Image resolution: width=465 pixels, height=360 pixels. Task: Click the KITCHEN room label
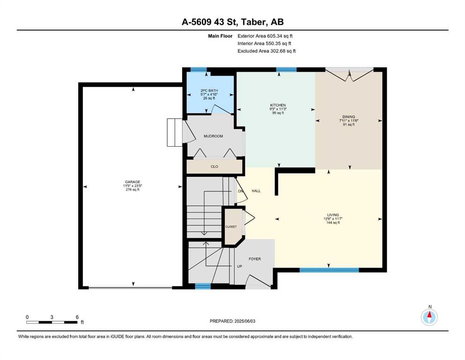pos(278,105)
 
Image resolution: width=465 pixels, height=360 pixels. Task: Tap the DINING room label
pos(348,117)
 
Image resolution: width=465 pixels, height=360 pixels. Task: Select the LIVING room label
pos(333,215)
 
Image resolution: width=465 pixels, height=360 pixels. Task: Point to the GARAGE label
pos(132,182)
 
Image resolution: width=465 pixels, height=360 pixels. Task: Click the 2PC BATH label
pos(209,90)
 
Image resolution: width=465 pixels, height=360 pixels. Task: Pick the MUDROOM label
pos(213,136)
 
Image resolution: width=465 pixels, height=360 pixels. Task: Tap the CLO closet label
pos(214,166)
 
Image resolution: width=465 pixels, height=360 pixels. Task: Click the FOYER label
pos(254,259)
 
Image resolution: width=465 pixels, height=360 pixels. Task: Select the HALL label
pos(256,191)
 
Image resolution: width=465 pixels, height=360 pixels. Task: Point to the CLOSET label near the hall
pos(231,227)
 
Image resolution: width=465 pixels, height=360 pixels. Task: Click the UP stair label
pos(240,267)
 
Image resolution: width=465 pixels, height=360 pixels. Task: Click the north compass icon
pos(429,317)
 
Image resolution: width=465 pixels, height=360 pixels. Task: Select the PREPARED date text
pos(232,321)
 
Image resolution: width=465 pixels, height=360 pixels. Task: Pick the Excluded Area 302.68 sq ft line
pos(266,51)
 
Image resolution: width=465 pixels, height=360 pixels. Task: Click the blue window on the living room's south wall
pos(329,270)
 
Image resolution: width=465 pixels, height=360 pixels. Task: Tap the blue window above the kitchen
pos(287,70)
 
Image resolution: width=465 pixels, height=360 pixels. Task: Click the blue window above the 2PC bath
pos(199,70)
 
